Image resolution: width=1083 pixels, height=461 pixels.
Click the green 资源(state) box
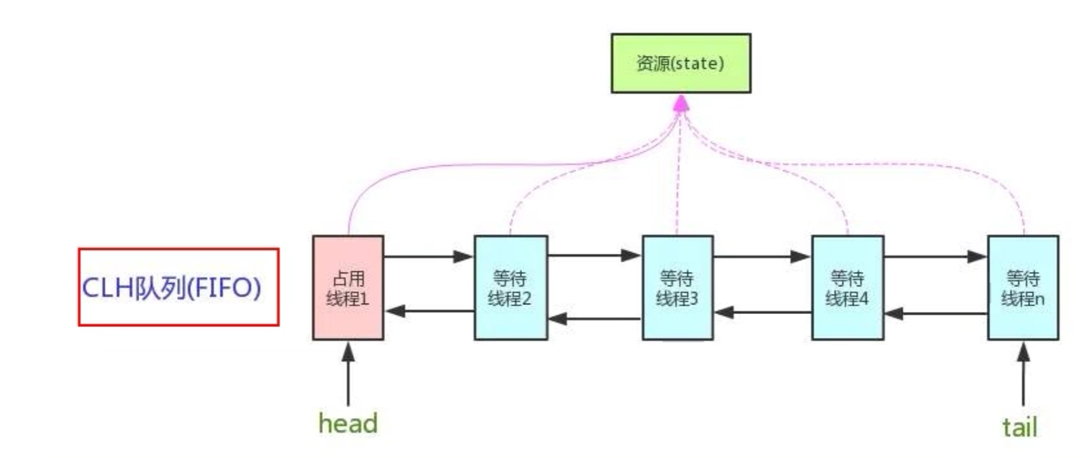click(x=680, y=63)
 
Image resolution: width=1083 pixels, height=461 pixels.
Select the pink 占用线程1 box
click(x=348, y=288)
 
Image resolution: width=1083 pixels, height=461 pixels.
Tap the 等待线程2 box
click(x=510, y=288)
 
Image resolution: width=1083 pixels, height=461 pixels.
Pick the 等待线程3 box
click(x=677, y=288)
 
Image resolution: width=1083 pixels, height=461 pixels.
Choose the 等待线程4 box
click(x=847, y=288)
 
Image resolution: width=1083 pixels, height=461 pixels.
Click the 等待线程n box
click(x=1022, y=288)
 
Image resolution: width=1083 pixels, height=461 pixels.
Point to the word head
click(x=348, y=423)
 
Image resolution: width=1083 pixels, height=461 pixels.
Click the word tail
click(x=1020, y=427)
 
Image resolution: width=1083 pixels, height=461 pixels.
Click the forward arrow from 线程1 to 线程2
click(x=428, y=257)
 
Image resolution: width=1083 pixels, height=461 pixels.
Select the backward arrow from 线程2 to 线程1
click(x=429, y=311)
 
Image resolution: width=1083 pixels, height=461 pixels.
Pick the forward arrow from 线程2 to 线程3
click(x=595, y=255)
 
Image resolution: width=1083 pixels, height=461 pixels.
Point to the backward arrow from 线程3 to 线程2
click(x=595, y=319)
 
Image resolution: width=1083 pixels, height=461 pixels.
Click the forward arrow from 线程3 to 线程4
click(x=762, y=257)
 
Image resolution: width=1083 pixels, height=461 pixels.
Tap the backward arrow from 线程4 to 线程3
click(x=763, y=312)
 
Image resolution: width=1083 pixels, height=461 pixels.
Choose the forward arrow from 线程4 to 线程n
click(x=935, y=257)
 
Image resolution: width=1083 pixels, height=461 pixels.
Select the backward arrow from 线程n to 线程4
click(x=935, y=313)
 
